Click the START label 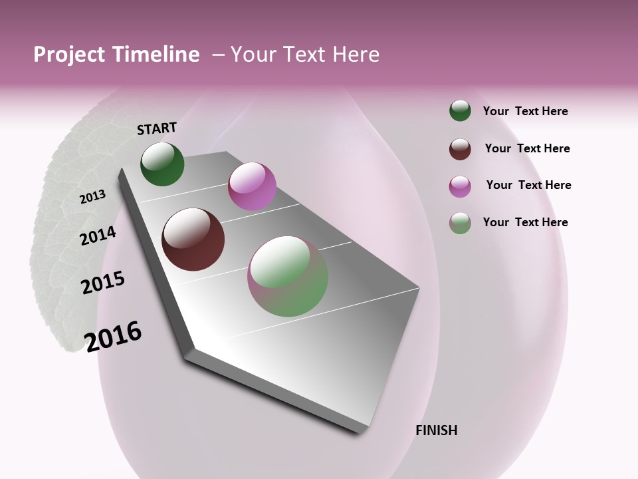click(157, 128)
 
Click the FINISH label click(437, 430)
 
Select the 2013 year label click(92, 197)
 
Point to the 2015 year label click(103, 283)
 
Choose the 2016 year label click(113, 336)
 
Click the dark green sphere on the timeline click(162, 164)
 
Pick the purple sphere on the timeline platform click(252, 186)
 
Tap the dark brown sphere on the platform click(193, 239)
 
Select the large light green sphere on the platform click(288, 276)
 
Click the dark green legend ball click(460, 110)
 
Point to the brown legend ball click(460, 149)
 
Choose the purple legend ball click(460, 186)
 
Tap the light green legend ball click(460, 223)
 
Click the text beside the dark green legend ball click(525, 111)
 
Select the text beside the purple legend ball click(528, 185)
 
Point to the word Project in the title click(69, 55)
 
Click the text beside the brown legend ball click(527, 148)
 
